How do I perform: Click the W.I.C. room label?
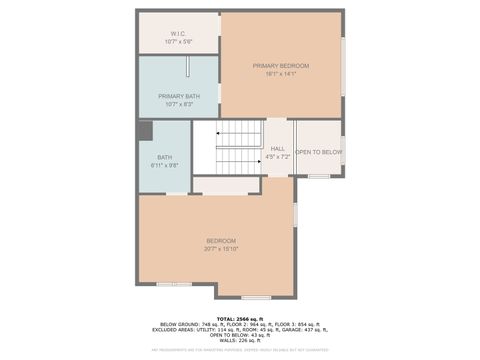[x=178, y=34]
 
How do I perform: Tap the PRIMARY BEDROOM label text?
[x=280, y=65]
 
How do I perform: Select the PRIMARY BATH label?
[x=178, y=96]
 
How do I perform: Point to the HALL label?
[x=278, y=149]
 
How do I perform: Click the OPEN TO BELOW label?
[x=318, y=152]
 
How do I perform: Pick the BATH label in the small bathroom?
[x=164, y=157]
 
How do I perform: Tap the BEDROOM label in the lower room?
[x=221, y=240]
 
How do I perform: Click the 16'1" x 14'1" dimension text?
[x=280, y=74]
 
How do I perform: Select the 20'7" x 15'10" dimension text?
[x=221, y=248]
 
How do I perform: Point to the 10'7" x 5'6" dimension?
[x=178, y=42]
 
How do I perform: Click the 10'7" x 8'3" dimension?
[x=178, y=104]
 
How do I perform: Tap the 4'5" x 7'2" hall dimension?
[x=278, y=157]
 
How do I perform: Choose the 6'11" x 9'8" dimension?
[x=164, y=165]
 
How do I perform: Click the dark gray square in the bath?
[x=145, y=130]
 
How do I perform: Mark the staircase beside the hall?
[x=238, y=147]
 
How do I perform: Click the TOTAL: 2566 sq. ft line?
[x=239, y=319]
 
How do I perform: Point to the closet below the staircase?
[x=225, y=185]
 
